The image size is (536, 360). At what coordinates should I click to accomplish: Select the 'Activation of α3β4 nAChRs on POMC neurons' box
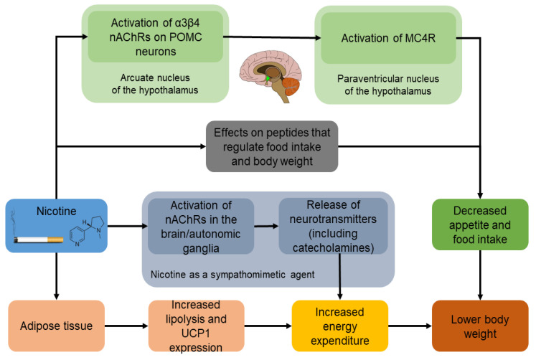pos(154,37)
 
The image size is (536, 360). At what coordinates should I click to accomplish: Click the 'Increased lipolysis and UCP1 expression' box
pos(196,325)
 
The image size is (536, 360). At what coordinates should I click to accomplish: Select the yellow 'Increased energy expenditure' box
pos(340,325)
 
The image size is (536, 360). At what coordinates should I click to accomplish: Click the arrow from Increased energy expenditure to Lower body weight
pos(410,325)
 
